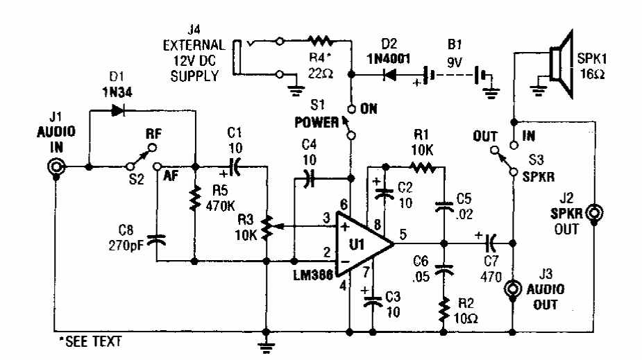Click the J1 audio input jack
coord(56,167)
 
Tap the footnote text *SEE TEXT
coord(84,342)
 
